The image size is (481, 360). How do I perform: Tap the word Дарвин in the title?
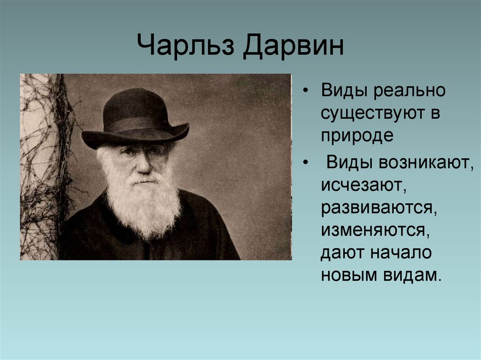click(x=294, y=47)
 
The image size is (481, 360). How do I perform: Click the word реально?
click(x=410, y=91)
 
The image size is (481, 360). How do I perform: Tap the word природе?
click(x=357, y=137)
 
